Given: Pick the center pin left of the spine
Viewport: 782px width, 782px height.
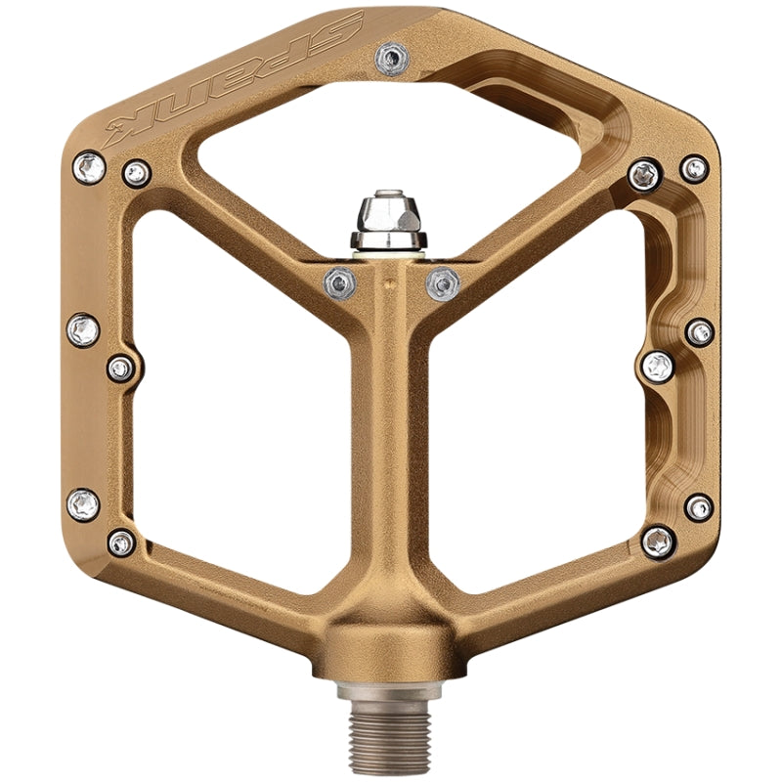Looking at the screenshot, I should pyautogui.click(x=340, y=281).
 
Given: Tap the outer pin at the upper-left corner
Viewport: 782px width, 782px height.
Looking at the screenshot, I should pyautogui.click(x=90, y=168).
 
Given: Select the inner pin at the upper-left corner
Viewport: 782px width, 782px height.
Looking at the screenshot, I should pyautogui.click(x=136, y=174).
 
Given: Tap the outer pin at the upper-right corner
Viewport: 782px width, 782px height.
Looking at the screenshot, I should pyautogui.click(x=695, y=168).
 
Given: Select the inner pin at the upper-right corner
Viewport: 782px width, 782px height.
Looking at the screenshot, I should pyautogui.click(x=644, y=175).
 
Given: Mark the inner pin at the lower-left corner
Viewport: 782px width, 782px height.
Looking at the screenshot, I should pyautogui.click(x=121, y=543).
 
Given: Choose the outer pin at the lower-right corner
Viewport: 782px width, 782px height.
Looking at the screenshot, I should pyautogui.click(x=699, y=507).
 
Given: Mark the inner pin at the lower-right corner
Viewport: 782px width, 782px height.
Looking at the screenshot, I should pyautogui.click(x=658, y=540).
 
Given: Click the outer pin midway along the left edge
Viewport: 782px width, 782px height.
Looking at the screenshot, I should pyautogui.click(x=83, y=328).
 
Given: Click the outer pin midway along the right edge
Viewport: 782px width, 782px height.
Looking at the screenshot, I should pyautogui.click(x=700, y=332).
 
